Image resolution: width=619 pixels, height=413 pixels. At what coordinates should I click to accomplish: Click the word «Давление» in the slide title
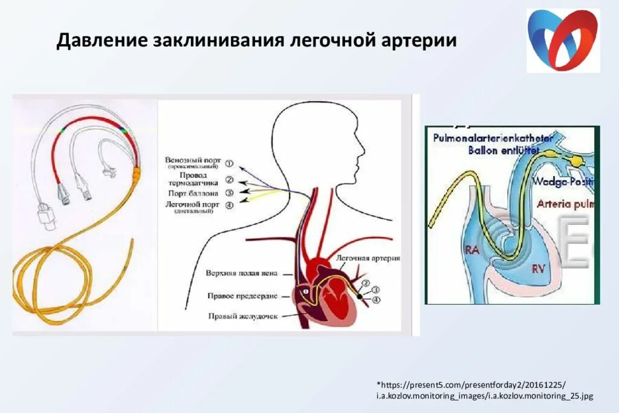click(x=99, y=41)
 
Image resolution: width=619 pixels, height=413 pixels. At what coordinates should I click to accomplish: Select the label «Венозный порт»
click(x=192, y=161)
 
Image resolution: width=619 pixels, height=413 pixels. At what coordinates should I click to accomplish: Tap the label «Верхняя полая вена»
click(x=241, y=273)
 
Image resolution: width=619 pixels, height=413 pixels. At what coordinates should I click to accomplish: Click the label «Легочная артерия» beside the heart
click(x=368, y=258)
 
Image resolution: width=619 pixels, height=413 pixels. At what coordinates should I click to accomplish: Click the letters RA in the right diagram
click(x=473, y=249)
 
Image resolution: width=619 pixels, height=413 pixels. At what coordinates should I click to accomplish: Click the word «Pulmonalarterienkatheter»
click(x=493, y=138)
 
